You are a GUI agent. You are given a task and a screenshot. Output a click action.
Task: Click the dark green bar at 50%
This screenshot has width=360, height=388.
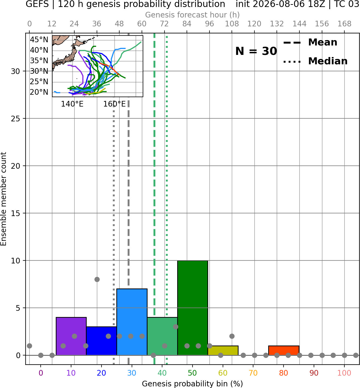(x=193, y=308)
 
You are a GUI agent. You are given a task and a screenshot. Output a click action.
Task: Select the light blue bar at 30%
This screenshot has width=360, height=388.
(x=132, y=322)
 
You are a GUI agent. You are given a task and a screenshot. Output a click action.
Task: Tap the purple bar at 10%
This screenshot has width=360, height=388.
(x=71, y=336)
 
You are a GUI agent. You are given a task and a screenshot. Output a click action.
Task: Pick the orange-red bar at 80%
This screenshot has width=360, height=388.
(x=284, y=351)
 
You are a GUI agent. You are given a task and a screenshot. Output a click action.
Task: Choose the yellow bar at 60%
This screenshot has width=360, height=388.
(x=223, y=351)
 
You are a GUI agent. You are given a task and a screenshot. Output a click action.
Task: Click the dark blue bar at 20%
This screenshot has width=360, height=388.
(x=102, y=341)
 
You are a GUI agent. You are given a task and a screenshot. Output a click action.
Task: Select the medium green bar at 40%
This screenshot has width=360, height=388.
(x=162, y=336)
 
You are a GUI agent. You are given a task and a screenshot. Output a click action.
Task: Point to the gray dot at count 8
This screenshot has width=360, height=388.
(x=97, y=279)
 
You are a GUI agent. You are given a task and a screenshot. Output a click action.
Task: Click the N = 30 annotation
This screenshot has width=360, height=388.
(x=256, y=51)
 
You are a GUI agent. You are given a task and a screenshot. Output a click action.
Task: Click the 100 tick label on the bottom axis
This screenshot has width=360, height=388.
(x=344, y=373)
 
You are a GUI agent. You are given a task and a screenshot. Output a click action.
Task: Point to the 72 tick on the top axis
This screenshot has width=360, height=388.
(x=164, y=24)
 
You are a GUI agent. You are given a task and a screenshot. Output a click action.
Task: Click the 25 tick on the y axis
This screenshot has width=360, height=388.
(x=16, y=119)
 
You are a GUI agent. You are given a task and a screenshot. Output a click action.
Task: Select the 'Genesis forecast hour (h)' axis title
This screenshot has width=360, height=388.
(x=193, y=15)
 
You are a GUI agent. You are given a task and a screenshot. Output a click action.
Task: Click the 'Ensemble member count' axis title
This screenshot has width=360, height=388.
(x=4, y=199)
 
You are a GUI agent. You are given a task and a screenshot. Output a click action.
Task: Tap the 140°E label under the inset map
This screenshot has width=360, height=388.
(x=72, y=104)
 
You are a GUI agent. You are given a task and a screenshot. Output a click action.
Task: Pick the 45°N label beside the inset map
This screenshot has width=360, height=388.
(x=39, y=40)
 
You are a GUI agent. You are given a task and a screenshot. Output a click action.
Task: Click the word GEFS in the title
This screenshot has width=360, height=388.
(x=37, y=4)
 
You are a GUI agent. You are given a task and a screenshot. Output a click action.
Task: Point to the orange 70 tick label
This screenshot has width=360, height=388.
(x=253, y=373)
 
